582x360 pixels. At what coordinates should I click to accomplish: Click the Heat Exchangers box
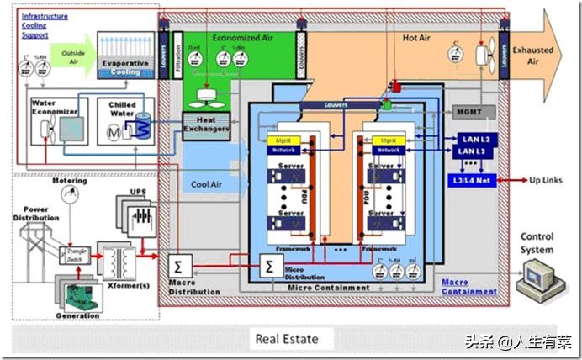coord(206,125)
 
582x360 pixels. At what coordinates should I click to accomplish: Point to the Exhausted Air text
coord(533,56)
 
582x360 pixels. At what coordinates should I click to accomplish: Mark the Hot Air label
coord(416,39)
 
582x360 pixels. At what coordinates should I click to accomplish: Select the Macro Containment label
coord(468,288)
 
